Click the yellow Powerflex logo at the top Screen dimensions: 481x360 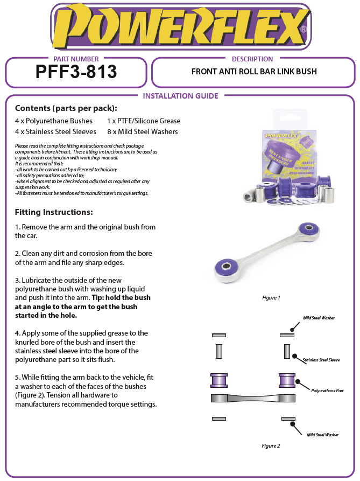180,26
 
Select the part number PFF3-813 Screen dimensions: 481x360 76,72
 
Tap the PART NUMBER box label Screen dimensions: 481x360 76,59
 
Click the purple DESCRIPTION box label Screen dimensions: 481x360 252,59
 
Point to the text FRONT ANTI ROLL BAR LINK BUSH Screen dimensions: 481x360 254,72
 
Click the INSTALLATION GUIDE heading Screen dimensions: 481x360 180,96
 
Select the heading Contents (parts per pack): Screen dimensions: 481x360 66,108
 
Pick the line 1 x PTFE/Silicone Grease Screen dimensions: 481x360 144,121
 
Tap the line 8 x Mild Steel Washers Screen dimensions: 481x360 142,131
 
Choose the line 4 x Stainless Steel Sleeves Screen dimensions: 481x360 55,131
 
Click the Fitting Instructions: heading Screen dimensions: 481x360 54,212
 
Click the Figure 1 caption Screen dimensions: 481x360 271,297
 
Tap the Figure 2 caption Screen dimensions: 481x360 271,445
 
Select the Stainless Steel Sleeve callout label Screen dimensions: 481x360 321,360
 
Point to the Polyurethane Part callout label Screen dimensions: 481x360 327,391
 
